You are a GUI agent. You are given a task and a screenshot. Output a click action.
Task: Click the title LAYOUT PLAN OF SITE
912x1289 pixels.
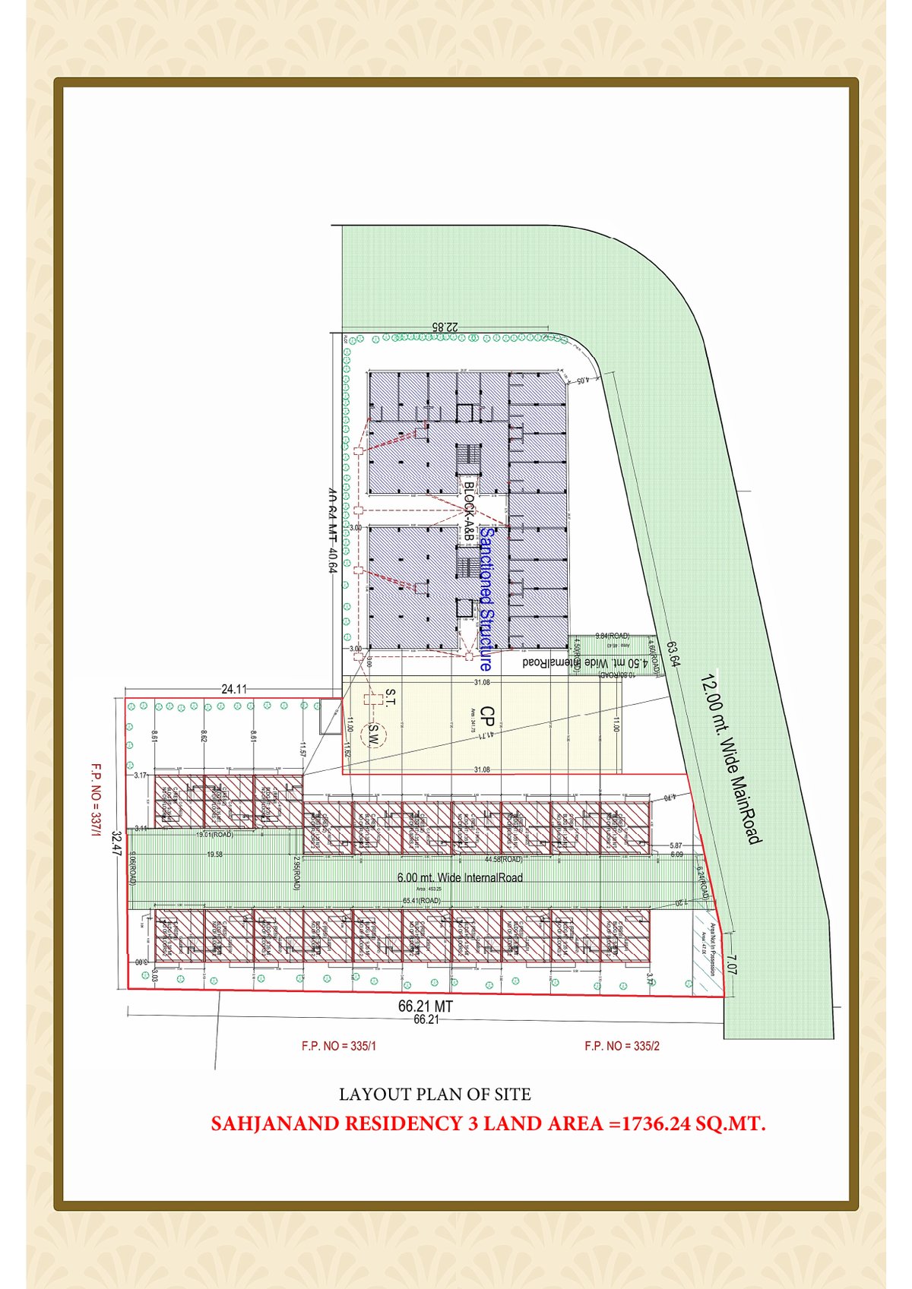coord(435,1095)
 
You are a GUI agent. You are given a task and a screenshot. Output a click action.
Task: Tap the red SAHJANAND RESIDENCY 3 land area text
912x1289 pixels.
coord(488,1123)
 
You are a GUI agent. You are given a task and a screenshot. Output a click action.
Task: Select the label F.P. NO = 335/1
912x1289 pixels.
coord(339,1046)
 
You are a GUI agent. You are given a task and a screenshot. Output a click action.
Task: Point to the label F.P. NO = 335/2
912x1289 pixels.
coord(622,1046)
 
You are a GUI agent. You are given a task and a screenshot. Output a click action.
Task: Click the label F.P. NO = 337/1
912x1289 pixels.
coord(96,799)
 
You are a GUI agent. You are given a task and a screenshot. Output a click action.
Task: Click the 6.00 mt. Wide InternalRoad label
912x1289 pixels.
coord(460,877)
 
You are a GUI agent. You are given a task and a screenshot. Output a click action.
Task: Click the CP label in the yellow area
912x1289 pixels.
coord(489,717)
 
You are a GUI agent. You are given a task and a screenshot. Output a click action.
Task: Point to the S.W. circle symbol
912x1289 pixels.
coord(373,735)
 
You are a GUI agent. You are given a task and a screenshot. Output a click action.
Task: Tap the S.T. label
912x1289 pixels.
coord(390,698)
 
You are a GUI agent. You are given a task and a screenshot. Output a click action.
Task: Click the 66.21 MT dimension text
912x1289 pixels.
coord(426,1006)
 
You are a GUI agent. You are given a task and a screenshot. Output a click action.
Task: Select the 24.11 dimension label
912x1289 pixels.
coord(234,690)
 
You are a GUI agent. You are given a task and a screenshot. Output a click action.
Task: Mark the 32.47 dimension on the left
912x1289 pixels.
coord(116,844)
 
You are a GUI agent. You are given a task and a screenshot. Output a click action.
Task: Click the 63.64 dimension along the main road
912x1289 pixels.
coord(673,655)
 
